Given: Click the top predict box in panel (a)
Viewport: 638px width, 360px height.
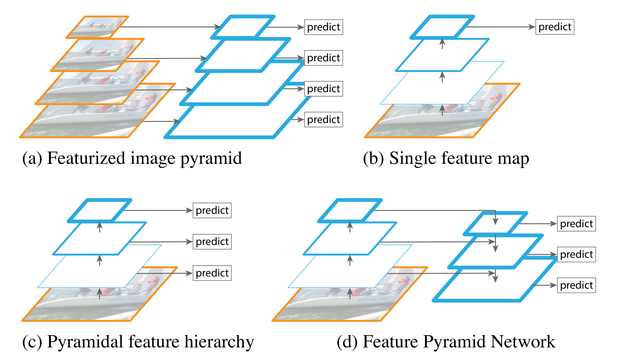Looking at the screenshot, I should tap(323, 27).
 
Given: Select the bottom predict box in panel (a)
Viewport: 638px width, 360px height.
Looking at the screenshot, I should tap(323, 119).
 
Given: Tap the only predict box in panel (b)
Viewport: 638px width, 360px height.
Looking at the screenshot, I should tap(555, 27).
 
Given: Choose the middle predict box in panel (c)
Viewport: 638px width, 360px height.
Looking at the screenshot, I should tap(212, 241).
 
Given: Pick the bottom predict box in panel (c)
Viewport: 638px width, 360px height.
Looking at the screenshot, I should tap(212, 273).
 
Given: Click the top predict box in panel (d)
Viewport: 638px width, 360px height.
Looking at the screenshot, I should tap(576, 224).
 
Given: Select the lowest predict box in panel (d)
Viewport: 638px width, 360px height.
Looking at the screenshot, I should tap(576, 285).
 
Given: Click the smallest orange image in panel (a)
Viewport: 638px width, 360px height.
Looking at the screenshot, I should tap(97, 27).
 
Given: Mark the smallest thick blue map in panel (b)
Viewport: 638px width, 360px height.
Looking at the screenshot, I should tap(442, 27).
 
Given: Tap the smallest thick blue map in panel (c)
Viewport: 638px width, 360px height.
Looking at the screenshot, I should tap(100, 211).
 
